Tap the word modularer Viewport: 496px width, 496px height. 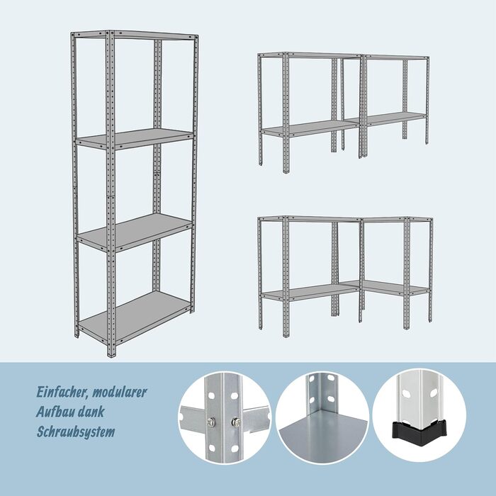119,393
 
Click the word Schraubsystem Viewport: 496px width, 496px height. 76,432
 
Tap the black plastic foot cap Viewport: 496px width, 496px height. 419,428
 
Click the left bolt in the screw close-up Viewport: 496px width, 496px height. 211,422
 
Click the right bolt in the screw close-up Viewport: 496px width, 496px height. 236,422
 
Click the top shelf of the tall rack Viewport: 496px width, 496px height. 135,35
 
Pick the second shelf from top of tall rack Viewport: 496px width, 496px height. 135,139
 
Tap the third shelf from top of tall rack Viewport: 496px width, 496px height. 135,232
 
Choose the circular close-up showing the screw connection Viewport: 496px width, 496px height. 225,417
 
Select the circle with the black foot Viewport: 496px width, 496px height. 419,417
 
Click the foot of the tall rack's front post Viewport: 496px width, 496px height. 111,354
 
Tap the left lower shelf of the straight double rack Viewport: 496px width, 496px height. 310,128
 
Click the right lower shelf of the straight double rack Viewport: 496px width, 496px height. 394,118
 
